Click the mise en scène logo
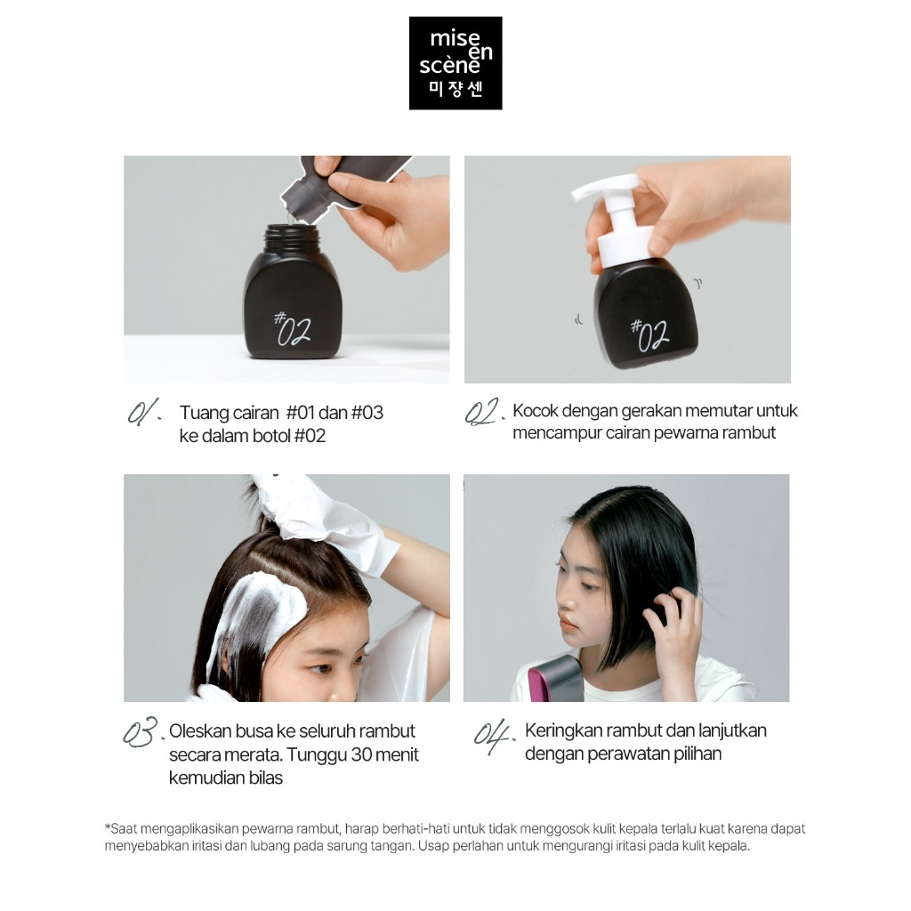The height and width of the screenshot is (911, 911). pos(455,63)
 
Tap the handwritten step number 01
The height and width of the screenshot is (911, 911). pos(144,414)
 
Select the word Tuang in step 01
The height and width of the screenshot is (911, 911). pos(203,413)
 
